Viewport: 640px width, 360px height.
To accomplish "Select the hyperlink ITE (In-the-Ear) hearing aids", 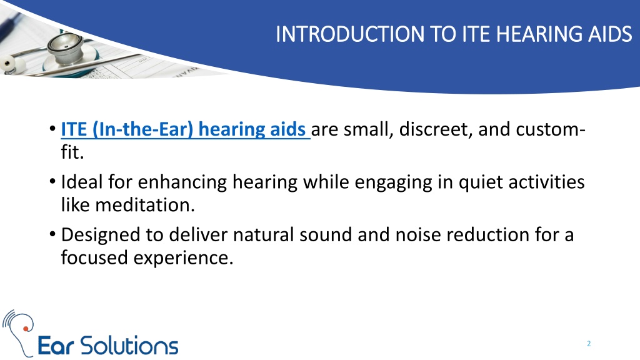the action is pyautogui.click(x=185, y=130).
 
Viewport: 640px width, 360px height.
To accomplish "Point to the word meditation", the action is pyautogui.click(x=145, y=205).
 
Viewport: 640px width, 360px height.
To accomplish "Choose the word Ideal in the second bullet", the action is pyautogui.click(x=82, y=182).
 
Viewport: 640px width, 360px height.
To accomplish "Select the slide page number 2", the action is pyautogui.click(x=589, y=344).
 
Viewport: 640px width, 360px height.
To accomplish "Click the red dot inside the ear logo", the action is pyautogui.click(x=26, y=329).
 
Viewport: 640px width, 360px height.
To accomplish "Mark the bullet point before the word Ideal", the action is pyautogui.click(x=52, y=181).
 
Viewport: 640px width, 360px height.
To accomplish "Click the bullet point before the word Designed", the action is pyautogui.click(x=52, y=234).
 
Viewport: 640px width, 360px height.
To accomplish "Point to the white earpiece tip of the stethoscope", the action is pyautogui.click(x=7, y=64).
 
